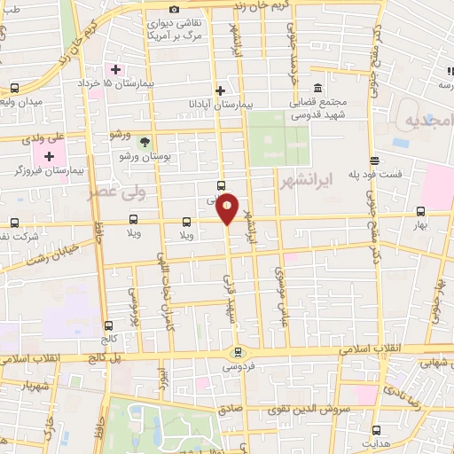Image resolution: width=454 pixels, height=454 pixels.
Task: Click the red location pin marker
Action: pyautogui.click(x=228, y=207)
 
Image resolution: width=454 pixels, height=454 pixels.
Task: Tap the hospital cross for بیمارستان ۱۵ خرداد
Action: pyautogui.click(x=115, y=68)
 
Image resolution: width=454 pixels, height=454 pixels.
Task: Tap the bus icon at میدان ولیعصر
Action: pyautogui.click(x=14, y=89)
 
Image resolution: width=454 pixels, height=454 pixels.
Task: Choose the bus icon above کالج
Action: pyautogui.click(x=108, y=325)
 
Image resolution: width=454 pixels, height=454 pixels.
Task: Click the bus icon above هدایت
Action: pyautogui.click(x=376, y=429)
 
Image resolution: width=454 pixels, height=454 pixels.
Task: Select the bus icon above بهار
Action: pyautogui.click(x=420, y=211)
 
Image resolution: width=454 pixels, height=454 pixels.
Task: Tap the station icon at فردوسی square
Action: pyautogui.click(x=237, y=352)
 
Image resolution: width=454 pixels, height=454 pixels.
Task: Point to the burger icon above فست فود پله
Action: pyautogui.click(x=375, y=160)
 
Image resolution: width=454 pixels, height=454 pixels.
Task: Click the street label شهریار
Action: pyautogui.click(x=22, y=387)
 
